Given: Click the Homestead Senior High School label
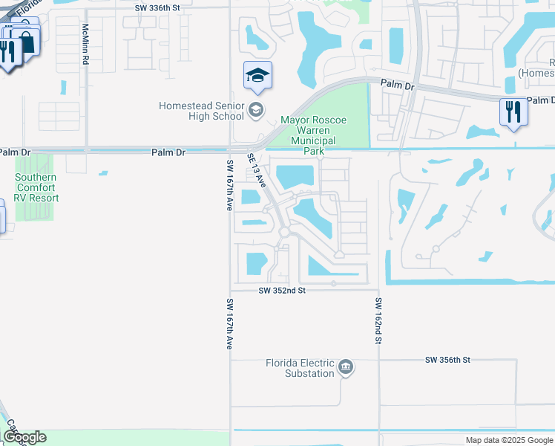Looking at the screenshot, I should [x=201, y=111].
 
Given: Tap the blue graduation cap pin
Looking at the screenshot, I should [x=257, y=76].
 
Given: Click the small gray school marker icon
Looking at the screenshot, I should [x=256, y=111].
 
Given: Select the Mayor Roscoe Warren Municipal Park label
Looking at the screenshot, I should [x=313, y=135].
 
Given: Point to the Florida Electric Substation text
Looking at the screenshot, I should [x=300, y=368].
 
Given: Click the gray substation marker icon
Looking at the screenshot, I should [x=346, y=367].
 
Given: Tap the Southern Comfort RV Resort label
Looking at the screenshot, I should [x=37, y=187].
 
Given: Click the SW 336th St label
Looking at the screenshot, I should [x=157, y=7].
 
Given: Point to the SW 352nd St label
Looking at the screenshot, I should [x=283, y=291].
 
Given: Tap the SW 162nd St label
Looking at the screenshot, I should [x=378, y=321].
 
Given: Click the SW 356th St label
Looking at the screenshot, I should [x=448, y=360].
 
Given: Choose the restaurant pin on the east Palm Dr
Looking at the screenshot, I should [x=513, y=112].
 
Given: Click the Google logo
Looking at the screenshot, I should [x=24, y=437].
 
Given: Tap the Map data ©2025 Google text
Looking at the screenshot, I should [x=509, y=440].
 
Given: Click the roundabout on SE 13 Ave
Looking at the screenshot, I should [x=284, y=233].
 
